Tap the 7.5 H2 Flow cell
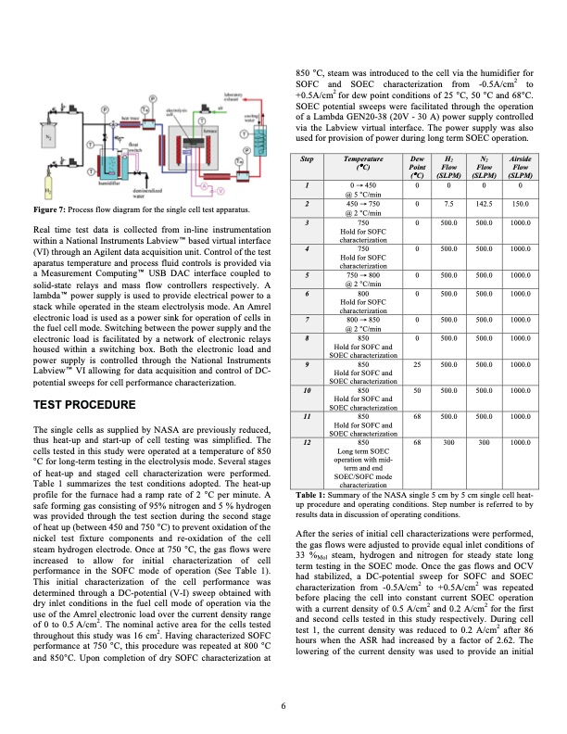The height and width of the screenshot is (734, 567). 448,204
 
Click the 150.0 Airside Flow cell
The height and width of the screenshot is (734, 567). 520,204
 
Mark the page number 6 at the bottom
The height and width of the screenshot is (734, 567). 283,708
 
